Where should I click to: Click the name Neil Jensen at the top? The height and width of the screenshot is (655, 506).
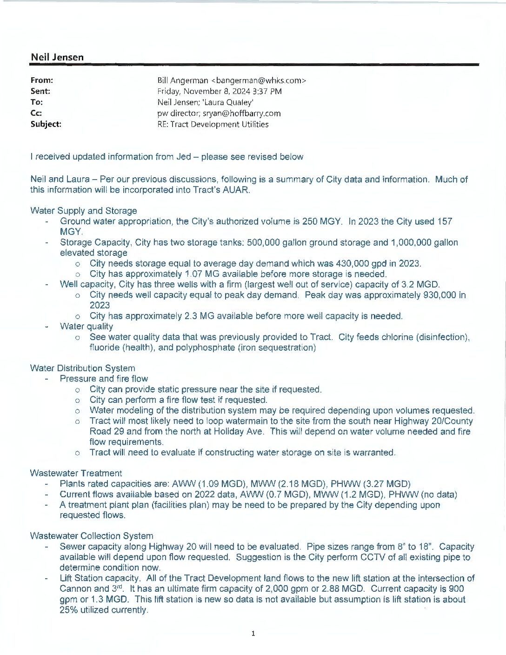57,57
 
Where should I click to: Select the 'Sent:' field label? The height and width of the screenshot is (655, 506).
40,91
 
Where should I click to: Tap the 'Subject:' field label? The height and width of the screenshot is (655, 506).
46,124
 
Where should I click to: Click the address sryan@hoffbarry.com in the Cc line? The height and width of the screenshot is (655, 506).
241,113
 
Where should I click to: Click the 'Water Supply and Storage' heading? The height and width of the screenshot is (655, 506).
84,211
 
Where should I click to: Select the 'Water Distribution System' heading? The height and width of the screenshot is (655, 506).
83,368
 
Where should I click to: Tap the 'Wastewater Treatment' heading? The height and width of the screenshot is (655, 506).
76,473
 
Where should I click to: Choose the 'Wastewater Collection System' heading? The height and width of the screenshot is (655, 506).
92,536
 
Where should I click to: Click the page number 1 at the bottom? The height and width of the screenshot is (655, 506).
253,633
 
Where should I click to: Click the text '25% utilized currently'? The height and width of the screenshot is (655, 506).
103,610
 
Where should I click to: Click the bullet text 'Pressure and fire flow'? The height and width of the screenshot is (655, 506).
104,379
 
